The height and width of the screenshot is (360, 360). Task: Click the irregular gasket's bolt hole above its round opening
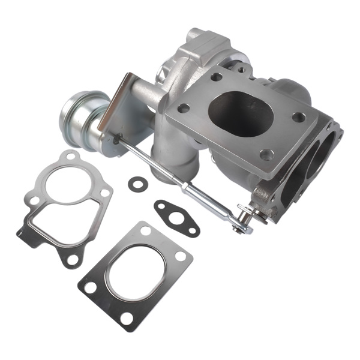[x=71, y=157]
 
